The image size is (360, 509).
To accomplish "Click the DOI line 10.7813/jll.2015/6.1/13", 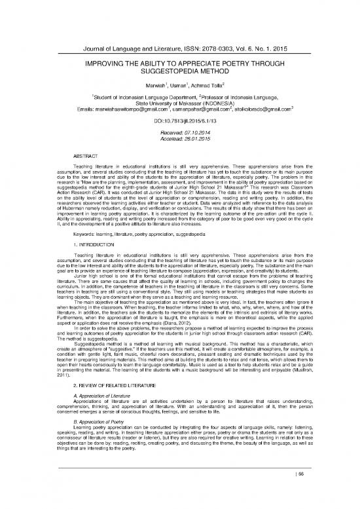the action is click(179, 120).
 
